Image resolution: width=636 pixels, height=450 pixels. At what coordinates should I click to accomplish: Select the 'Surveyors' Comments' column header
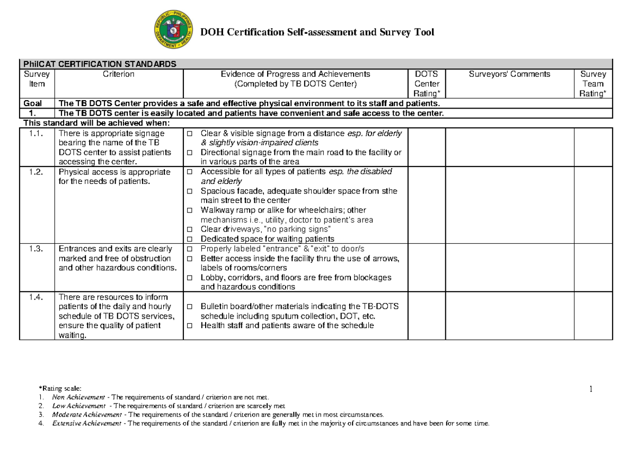pyautogui.click(x=509, y=75)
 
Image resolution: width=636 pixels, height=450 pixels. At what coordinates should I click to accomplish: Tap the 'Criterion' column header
pyautogui.click(x=119, y=75)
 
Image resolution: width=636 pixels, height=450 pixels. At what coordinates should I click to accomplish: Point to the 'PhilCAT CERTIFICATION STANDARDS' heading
pyautogui.click(x=98, y=64)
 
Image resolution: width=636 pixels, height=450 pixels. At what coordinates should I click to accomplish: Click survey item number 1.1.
pyautogui.click(x=37, y=134)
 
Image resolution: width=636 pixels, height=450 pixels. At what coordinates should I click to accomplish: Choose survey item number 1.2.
pyautogui.click(x=37, y=172)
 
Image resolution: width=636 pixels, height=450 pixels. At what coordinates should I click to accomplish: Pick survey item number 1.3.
pyautogui.click(x=37, y=249)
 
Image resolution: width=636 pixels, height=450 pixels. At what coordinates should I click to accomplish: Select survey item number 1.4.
pyautogui.click(x=37, y=297)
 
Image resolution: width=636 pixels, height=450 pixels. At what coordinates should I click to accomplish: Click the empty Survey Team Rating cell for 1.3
pyautogui.click(x=593, y=268)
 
